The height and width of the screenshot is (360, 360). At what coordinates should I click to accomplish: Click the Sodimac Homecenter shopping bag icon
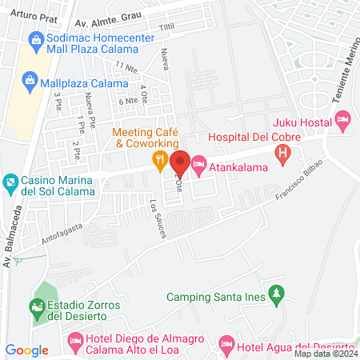36,39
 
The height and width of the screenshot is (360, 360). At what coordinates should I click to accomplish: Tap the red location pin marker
179,163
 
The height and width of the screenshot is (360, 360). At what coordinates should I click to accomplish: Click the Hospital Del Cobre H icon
282,153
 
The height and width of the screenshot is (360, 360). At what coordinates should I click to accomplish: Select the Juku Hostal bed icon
342,122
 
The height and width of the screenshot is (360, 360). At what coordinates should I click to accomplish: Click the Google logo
26,350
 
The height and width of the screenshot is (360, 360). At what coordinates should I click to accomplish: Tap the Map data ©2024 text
325,354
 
